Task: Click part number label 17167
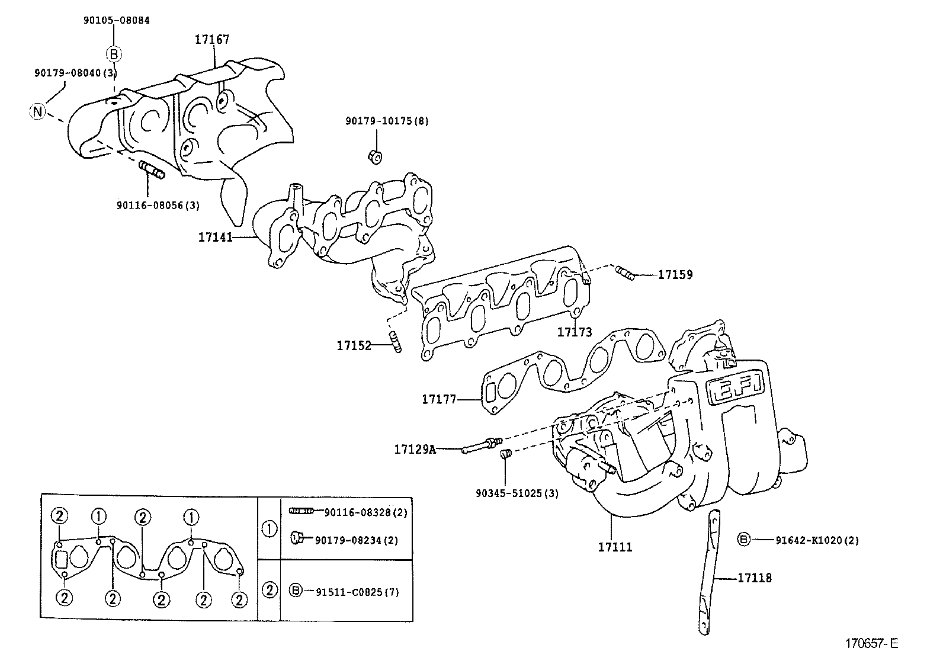(212, 40)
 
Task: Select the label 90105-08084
(116, 20)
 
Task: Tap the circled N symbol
(37, 111)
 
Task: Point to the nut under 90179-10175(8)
(374, 156)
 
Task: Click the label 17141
(215, 237)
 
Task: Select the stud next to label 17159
(624, 273)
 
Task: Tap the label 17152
(354, 345)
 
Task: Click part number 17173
(574, 332)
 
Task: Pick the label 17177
(439, 399)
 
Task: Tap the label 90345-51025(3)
(517, 493)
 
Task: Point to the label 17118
(755, 578)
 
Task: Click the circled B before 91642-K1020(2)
(743, 539)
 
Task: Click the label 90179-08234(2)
(357, 540)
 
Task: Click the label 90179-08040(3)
(75, 72)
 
